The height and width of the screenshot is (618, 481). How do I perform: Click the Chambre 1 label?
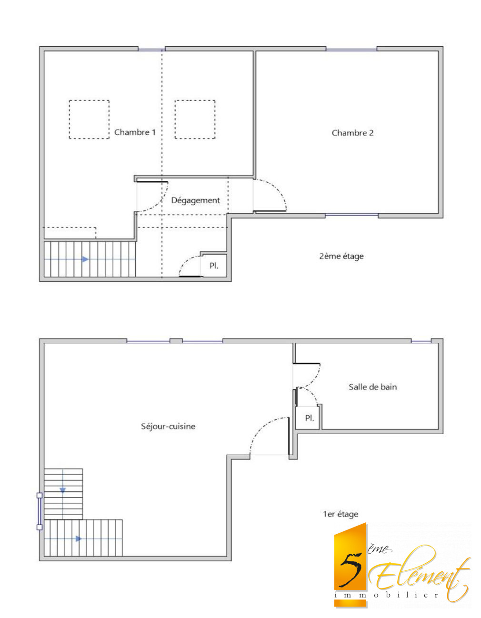coord(135,132)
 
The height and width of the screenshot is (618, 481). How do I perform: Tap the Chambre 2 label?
coord(352,133)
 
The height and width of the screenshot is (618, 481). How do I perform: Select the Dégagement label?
coord(195,200)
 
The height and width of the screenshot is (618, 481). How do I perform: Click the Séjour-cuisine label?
coord(168,426)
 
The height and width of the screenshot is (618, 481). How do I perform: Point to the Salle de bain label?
coord(372,387)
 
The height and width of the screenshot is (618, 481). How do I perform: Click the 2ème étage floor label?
coord(341,256)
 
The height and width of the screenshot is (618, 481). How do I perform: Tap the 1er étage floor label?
coord(341,514)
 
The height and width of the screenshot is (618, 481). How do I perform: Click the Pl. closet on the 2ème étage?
coord(214,266)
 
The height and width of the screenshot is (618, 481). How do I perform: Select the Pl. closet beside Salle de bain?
coord(310,418)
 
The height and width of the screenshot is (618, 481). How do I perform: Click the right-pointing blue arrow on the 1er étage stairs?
coord(79,539)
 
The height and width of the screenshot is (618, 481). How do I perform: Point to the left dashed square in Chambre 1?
coord(89,120)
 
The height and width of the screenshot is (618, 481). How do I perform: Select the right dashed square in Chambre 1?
coord(195,120)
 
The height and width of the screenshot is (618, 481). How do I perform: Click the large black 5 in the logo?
coord(351,568)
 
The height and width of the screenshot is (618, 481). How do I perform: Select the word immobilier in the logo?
coord(386,595)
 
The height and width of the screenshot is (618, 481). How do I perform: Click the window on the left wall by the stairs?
coord(40,511)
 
